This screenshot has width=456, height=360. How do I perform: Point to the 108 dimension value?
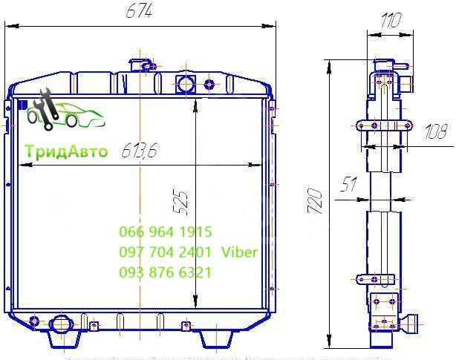(435, 133)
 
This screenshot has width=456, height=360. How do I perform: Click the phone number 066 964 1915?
(165, 232)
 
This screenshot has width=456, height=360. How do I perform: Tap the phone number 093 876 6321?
(165, 272)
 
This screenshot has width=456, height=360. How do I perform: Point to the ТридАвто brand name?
(66, 152)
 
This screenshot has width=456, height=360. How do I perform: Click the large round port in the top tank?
(185, 83)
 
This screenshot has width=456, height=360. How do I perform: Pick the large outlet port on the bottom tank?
(59, 325)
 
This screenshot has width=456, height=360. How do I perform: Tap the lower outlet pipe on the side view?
(409, 324)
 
